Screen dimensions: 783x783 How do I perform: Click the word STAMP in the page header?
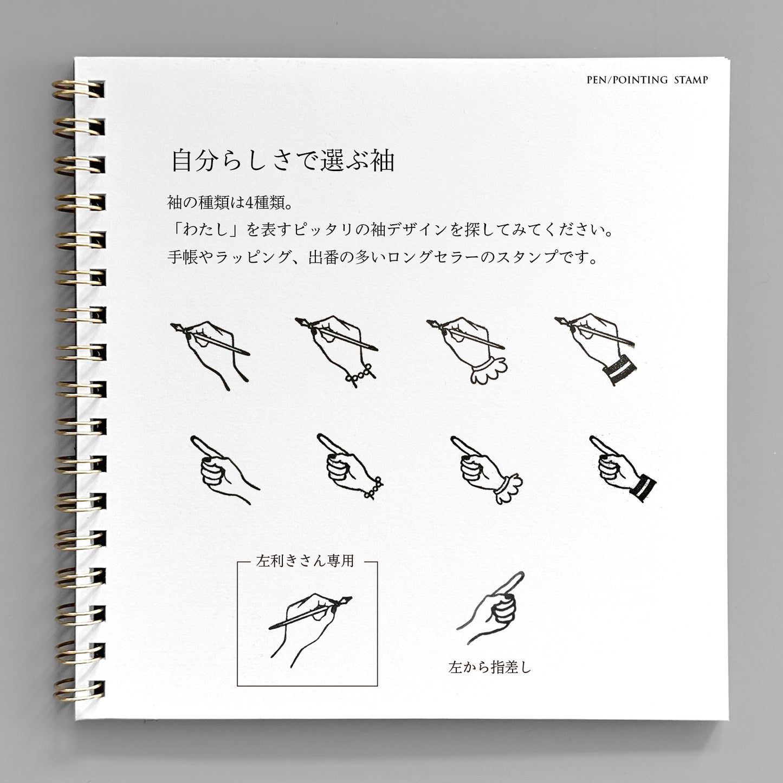pos(691,80)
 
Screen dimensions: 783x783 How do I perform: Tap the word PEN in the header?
pos(596,80)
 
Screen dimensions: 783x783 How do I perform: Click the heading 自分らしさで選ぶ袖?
pos(283,160)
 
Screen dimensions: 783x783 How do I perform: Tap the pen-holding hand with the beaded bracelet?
pos(337,351)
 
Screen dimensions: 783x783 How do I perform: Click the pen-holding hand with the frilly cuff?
pos(467,350)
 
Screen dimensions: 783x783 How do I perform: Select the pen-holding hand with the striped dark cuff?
pos(596,349)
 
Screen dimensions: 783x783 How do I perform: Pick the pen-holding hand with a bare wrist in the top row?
pos(210,356)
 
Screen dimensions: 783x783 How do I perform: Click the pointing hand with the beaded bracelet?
pos(350,466)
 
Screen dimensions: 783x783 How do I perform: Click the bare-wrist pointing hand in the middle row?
pos(225,469)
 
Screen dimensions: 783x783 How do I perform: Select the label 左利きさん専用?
pos(305,561)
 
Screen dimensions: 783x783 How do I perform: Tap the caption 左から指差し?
pos(490,667)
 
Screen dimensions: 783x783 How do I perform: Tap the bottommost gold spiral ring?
pos(78,689)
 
